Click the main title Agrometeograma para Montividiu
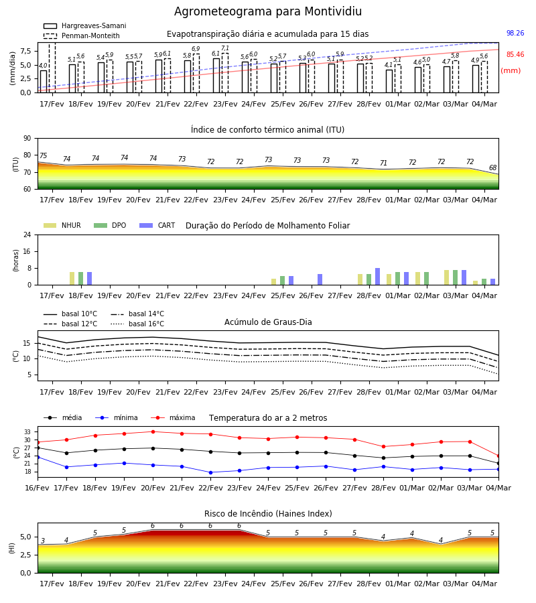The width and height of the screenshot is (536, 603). pos(268,11)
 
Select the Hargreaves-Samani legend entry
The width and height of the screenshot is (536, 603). pos(85,25)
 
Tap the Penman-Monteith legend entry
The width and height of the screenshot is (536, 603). pos(82,36)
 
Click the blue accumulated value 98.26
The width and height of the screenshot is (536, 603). pos(515,33)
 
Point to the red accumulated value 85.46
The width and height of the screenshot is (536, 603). pos(515,55)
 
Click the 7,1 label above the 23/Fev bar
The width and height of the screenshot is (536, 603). pos(225,48)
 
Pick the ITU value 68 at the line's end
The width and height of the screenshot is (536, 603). pos(493,167)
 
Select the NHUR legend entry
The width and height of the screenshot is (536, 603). pos(62,225)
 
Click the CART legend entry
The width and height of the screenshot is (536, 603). pos(157,225)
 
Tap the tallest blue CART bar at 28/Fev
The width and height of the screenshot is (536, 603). pos(378,277)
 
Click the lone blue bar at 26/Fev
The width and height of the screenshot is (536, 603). pos(320,279)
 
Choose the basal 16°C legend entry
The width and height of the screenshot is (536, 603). pos(137,324)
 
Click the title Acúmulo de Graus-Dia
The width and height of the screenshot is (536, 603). pos(268,322)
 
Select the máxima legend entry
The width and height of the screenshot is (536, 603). pos(174,417)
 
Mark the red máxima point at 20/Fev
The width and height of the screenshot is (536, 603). pos(153,432)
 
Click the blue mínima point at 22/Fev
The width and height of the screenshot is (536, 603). pos(210,472)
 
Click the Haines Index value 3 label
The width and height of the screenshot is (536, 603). pos(43,541)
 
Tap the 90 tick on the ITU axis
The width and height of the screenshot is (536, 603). pos(27,139)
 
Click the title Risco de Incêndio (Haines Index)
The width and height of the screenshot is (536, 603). pos(268,514)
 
